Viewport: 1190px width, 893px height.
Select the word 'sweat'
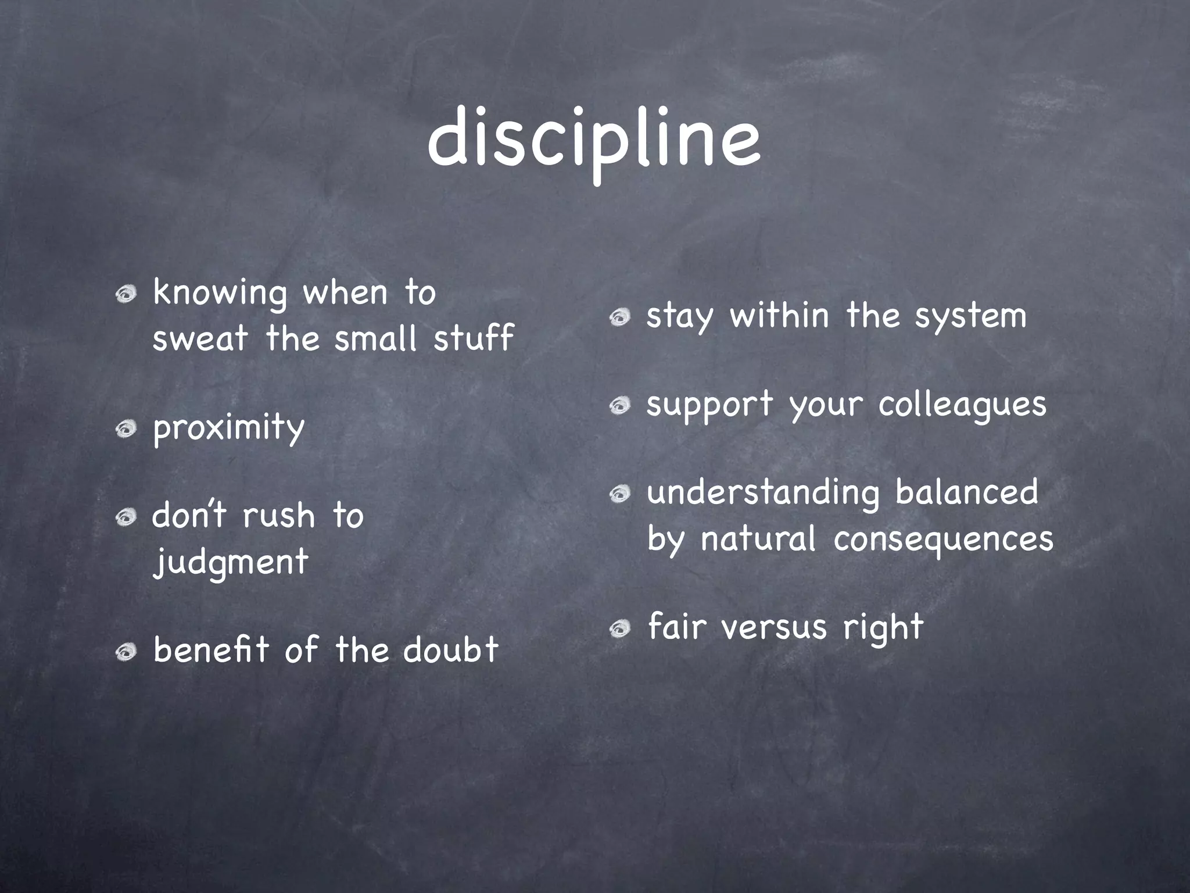pyautogui.click(x=200, y=338)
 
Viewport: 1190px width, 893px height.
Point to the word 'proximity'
pyautogui.click(x=228, y=428)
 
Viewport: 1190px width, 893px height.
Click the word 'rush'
pyautogui.click(x=279, y=516)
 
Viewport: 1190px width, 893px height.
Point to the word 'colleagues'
pyautogui.click(x=962, y=405)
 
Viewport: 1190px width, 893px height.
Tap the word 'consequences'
pyautogui.click(x=943, y=540)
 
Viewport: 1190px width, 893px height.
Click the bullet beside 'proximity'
pyautogui.click(x=126, y=430)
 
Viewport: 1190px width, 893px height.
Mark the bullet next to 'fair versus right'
pyautogui.click(x=620, y=628)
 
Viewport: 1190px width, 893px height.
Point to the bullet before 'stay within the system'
pyautogui.click(x=620, y=317)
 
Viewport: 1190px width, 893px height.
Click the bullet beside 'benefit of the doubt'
pyautogui.click(x=126, y=652)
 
